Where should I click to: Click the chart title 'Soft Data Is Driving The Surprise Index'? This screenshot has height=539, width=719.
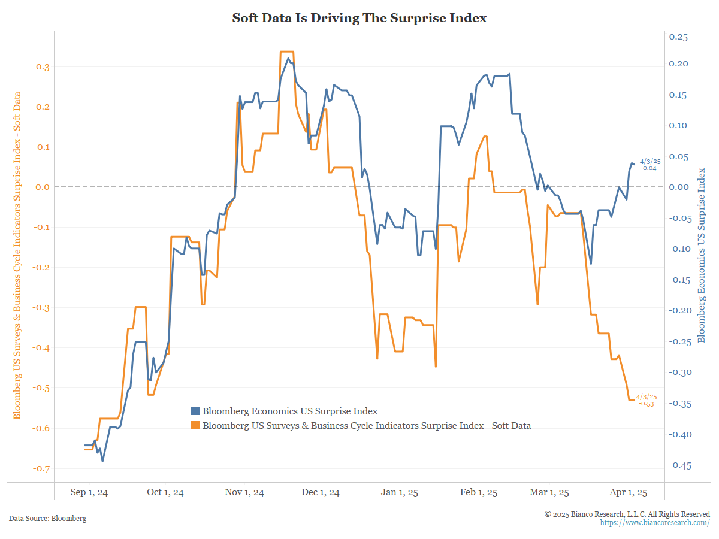(359, 19)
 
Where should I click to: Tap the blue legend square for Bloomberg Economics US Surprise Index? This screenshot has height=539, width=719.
(195, 411)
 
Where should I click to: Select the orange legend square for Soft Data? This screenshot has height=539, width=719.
(195, 426)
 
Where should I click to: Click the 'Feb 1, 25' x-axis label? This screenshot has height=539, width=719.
(478, 493)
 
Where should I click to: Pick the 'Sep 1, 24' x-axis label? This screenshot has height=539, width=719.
(89, 493)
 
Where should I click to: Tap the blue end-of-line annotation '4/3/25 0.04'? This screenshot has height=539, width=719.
(649, 165)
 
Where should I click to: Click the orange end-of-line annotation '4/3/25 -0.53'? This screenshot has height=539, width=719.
(646, 400)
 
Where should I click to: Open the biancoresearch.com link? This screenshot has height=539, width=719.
(655, 523)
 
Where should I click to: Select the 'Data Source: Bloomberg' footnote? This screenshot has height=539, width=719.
(47, 518)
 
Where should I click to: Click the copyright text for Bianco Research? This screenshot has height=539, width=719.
(627, 514)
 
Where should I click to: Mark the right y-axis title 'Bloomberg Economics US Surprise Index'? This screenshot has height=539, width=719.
(702, 255)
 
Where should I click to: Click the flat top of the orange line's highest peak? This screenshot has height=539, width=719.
(287, 52)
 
